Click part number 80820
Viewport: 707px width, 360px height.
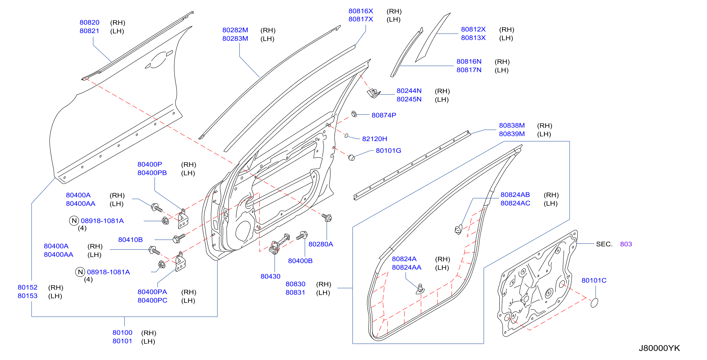[x=89, y=23]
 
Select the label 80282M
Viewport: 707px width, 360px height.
[x=235, y=30]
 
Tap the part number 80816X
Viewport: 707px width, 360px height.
[x=361, y=11]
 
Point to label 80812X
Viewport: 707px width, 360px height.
[x=473, y=29]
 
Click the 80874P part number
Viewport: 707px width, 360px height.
[x=384, y=115]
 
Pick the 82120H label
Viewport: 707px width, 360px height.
[x=375, y=139]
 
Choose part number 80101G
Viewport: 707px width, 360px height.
[x=389, y=151]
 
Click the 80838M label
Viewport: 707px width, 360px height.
[x=512, y=125]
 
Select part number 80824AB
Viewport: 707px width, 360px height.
[x=515, y=195]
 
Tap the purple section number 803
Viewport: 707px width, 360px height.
[x=626, y=244]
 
